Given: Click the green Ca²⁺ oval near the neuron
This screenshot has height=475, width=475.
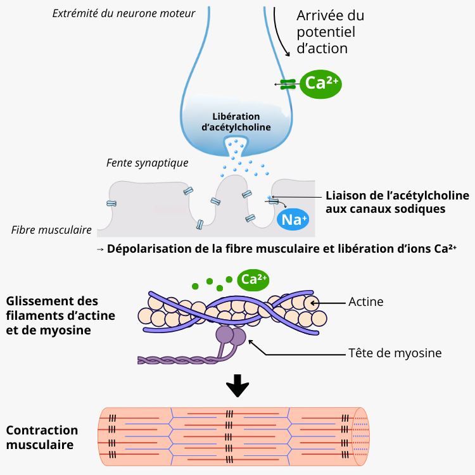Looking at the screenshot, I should tap(320, 83).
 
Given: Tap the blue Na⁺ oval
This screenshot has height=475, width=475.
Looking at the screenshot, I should tap(293, 220).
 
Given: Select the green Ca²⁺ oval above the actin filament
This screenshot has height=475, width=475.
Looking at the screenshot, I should tap(253, 279).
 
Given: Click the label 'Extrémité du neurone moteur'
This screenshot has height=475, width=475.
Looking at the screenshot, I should tap(123, 13).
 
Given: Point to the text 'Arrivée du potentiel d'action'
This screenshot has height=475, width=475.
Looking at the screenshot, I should tap(329, 32).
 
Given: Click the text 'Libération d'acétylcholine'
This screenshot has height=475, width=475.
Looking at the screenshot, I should tap(236, 122).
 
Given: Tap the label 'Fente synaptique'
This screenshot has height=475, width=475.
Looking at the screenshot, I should tap(147, 163).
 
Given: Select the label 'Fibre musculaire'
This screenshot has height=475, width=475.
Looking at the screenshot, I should tap(51, 229).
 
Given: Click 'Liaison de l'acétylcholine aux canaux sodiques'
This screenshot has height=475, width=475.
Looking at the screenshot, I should tap(397, 201).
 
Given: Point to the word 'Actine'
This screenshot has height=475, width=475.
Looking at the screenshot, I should tap(366, 301).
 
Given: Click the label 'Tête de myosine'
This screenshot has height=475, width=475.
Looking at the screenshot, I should tap(386, 353).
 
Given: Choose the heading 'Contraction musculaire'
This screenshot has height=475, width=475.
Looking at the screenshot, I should tap(42, 437).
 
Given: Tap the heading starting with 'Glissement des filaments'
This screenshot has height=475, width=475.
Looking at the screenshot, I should tap(61, 315).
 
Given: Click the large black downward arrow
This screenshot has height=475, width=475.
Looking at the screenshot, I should tap(237, 385).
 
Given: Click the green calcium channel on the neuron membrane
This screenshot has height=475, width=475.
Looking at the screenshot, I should tap(288, 83).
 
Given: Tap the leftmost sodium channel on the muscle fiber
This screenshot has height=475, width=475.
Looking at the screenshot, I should tap(111, 203).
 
